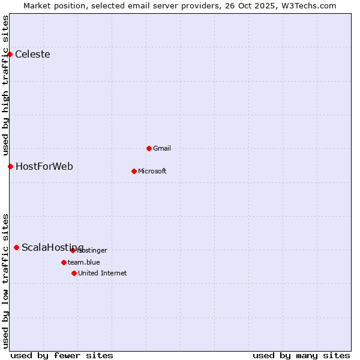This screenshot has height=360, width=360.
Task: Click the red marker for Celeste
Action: click(10, 55)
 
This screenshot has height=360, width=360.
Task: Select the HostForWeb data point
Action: click(10, 166)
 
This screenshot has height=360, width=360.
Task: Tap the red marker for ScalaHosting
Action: click(16, 247)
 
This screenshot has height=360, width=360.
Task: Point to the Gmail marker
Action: click(149, 148)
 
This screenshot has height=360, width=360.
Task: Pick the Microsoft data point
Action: click(134, 171)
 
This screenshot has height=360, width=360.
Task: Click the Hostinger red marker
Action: click(73, 250)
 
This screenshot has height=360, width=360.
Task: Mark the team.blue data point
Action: click(64, 262)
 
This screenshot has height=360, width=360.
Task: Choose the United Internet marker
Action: click(74, 273)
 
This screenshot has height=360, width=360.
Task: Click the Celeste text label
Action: click(32, 55)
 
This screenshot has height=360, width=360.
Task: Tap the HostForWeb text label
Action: click(44, 166)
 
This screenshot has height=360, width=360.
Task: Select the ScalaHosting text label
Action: click(52, 247)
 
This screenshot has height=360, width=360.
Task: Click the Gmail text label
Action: click(162, 148)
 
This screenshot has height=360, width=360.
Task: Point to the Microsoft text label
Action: click(152, 171)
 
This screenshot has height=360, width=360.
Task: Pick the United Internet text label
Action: click(102, 273)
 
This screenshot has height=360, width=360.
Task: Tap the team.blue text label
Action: click(83, 262)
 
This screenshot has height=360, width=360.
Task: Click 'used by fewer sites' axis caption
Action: click(62, 355)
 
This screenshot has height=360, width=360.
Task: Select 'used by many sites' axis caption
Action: click(301, 355)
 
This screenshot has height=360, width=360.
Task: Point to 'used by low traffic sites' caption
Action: click(5, 280)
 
